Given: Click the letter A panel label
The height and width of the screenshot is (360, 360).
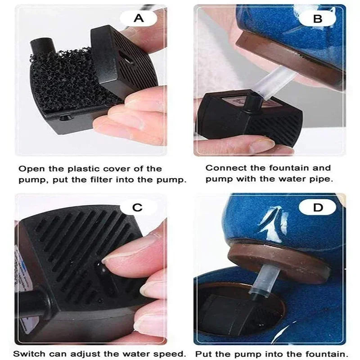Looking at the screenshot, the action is pos(139,18).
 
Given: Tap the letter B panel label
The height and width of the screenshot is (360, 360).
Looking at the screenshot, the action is pos(318,18).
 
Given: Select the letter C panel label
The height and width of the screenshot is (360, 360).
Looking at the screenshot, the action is pos(137,207).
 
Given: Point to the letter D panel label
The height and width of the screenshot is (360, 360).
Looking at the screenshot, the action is pos(318,207).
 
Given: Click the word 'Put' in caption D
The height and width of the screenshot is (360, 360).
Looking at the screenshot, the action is pos(203,354).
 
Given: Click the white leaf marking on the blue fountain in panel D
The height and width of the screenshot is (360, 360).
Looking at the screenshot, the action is pos(273,224).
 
